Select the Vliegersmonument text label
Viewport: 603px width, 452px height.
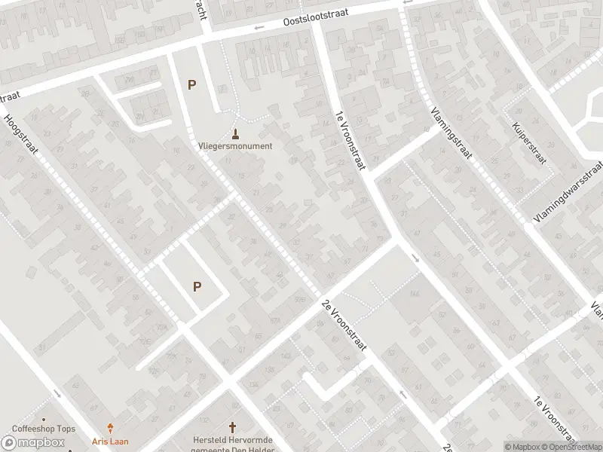tap(235, 146)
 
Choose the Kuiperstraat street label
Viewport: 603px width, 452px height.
tap(528, 142)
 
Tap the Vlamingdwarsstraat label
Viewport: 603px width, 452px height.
tap(568, 191)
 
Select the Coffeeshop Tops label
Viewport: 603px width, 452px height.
tap(43, 429)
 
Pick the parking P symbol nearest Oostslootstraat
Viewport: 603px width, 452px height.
tap(192, 85)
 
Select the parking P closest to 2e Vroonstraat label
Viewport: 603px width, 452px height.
tap(197, 286)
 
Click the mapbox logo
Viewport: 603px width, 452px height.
tap(33, 443)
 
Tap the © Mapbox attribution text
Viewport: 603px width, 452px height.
tap(524, 447)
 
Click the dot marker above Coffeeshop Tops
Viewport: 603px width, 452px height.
tap(44, 420)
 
